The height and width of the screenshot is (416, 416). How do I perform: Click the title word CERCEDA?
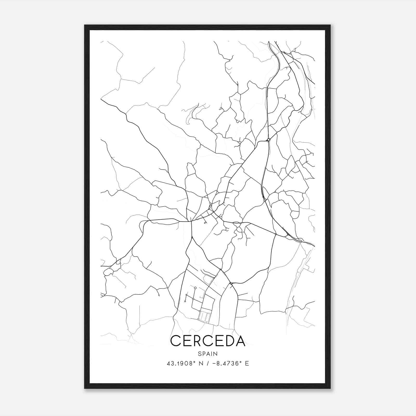point(208,341)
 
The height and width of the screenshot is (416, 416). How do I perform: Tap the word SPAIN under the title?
point(208,354)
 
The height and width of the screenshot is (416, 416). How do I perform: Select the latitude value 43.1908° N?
point(185,363)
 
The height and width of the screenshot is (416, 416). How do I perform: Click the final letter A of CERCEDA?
point(240,341)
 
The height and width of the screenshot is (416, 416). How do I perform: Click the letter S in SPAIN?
point(200,354)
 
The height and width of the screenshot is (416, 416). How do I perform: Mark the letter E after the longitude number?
point(247,363)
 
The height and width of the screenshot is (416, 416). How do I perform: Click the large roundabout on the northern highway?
point(269,140)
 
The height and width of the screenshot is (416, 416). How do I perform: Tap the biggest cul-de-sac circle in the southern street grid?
point(195,288)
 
